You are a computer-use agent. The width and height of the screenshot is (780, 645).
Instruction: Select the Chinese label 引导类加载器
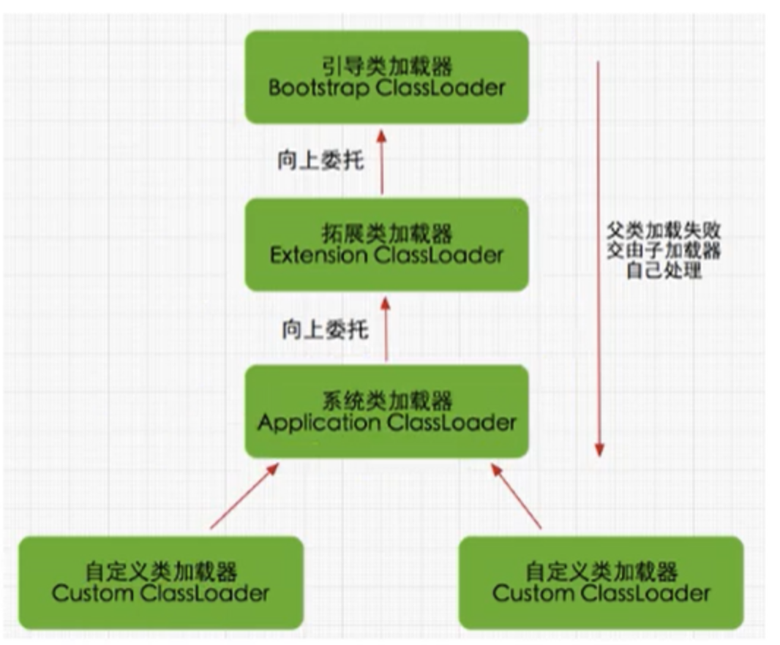386,67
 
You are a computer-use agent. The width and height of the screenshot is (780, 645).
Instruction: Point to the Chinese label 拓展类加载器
386,234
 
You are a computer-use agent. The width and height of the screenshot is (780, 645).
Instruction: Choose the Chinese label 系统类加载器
386,401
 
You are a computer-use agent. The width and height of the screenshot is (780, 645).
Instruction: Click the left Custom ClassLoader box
160,582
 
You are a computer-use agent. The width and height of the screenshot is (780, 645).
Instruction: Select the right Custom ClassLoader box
601,582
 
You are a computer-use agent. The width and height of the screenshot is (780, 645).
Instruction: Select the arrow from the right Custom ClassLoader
515,495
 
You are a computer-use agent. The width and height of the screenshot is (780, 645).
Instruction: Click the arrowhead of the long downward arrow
599,448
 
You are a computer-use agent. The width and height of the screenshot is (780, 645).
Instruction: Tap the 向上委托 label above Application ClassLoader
325,330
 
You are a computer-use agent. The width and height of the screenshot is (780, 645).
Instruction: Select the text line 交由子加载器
664,251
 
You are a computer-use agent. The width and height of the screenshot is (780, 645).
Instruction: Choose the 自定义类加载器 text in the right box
601,570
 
